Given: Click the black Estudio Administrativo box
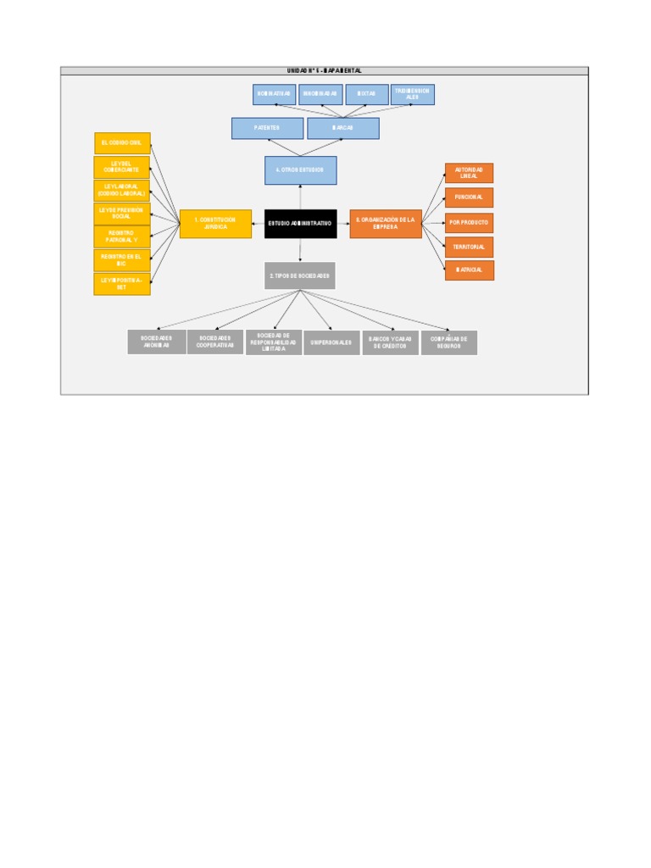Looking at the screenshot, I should pyautogui.click(x=300, y=224).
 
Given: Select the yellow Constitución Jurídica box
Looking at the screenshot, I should pyautogui.click(x=215, y=224).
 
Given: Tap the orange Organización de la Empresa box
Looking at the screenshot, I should pyautogui.click(x=386, y=224).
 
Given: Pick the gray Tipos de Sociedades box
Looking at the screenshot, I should pyautogui.click(x=299, y=276).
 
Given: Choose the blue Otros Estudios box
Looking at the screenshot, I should pyautogui.click(x=300, y=170).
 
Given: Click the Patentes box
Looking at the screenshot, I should pyautogui.click(x=267, y=128).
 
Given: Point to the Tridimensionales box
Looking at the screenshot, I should pyautogui.click(x=413, y=94).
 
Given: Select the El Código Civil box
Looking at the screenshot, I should pyautogui.click(x=122, y=143).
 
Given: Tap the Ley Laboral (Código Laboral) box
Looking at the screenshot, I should pyautogui.click(x=122, y=191).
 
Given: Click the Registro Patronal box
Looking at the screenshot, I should pyautogui.click(x=122, y=236).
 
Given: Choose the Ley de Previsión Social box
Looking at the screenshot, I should pyautogui.click(x=122, y=214).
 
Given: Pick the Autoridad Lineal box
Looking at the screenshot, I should pyautogui.click(x=469, y=173).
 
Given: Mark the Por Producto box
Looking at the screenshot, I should pyautogui.click(x=469, y=223).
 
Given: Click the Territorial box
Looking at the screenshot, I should pyautogui.click(x=469, y=247).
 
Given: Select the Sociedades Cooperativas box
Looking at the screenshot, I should pyautogui.click(x=215, y=342).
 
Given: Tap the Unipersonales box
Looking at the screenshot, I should pyautogui.click(x=331, y=342).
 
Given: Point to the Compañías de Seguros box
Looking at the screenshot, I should pyautogui.click(x=449, y=342).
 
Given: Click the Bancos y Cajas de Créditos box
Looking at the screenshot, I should pyautogui.click(x=390, y=342).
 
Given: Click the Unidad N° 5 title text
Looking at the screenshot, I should pyautogui.click(x=324, y=71).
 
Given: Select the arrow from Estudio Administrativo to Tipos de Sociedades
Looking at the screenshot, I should pyautogui.click(x=300, y=250).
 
